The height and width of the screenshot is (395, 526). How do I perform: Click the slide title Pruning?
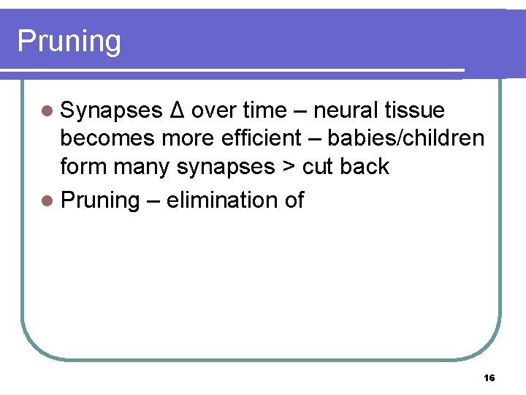point(69,42)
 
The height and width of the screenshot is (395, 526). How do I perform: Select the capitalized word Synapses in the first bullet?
point(112,111)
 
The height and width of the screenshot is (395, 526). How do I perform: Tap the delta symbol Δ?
point(176,110)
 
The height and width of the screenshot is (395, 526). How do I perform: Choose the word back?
point(365,167)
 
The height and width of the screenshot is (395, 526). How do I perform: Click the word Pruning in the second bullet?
point(100,200)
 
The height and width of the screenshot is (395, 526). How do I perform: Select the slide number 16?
point(489,377)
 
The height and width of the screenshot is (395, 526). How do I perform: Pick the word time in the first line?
point(265,110)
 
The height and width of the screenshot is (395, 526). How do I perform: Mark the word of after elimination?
point(294,200)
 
